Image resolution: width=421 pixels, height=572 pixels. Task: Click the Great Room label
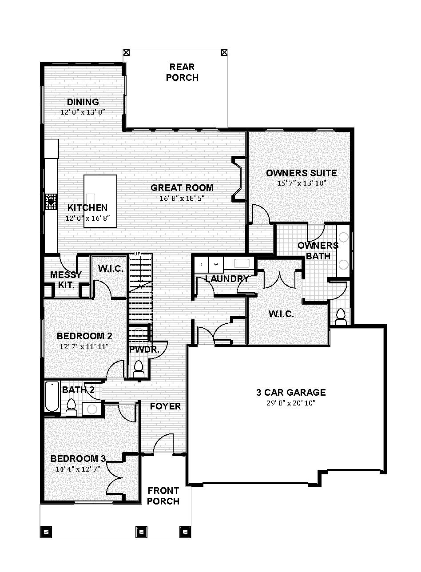tap(182, 188)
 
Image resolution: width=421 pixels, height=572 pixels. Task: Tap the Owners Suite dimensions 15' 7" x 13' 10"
tap(302, 183)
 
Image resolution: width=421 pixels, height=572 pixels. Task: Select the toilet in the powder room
tap(139, 369)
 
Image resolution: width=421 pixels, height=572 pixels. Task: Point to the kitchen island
tap(100, 201)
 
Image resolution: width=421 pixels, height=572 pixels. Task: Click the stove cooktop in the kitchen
tap(51, 202)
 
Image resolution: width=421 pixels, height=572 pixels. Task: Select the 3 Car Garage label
tap(291, 393)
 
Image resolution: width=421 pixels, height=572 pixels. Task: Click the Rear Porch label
tap(182, 72)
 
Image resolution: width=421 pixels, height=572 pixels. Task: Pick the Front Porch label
tap(163, 496)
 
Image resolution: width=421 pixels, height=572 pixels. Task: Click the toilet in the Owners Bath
tap(340, 317)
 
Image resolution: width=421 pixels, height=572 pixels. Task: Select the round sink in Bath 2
tap(91, 409)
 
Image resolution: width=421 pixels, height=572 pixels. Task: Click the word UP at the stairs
tap(137, 254)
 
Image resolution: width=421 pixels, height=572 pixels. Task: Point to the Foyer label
tap(166, 406)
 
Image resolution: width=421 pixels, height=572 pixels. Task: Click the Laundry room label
tap(227, 278)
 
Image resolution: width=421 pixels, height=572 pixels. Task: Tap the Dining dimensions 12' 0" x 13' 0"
tap(83, 112)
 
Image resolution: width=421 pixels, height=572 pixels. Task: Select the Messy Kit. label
tap(66, 280)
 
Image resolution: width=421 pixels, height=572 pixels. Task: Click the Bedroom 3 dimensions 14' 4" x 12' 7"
tap(78, 469)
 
